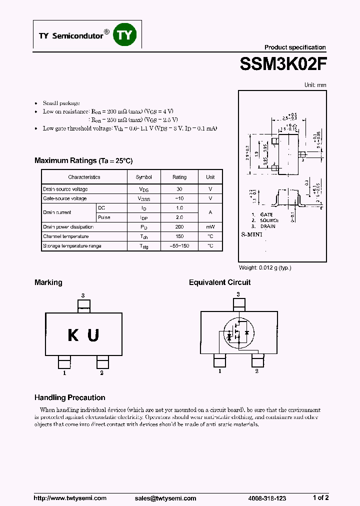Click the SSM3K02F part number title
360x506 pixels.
pyautogui.click(x=283, y=64)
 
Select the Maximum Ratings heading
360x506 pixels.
pyautogui.click(x=83, y=160)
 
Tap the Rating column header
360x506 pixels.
pyautogui.click(x=179, y=177)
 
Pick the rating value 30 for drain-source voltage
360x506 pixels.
pyautogui.click(x=179, y=189)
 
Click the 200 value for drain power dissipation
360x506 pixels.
pyautogui.click(x=179, y=227)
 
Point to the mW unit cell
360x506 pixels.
pyautogui.click(x=210, y=227)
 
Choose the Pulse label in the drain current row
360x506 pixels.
pyautogui.click(x=104, y=217)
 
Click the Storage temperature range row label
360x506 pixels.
pyautogui.click(x=72, y=246)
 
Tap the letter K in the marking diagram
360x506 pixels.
pyautogui.click(x=73, y=335)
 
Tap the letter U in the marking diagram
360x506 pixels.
pyautogui.click(x=93, y=335)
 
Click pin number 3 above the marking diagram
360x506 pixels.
pyautogui.click(x=83, y=295)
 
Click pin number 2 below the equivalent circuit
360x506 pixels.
pyautogui.click(x=257, y=371)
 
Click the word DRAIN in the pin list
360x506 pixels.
pyautogui.click(x=267, y=226)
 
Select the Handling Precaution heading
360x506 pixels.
pyautogui.click(x=70, y=397)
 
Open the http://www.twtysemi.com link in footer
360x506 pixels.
pyautogui.click(x=70, y=498)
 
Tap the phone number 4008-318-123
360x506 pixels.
pyautogui.click(x=267, y=498)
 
